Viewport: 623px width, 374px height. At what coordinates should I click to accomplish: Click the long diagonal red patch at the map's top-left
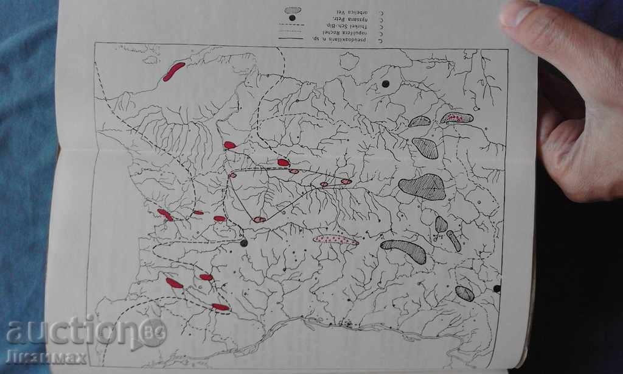coord(173,71)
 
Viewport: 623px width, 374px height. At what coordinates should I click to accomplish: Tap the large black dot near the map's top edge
coord(385,84)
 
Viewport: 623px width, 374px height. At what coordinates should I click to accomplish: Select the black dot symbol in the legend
coord(293,18)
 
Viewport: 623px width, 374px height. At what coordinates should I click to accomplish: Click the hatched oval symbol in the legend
coord(293,10)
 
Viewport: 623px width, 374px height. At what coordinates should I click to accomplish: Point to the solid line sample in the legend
coord(291,38)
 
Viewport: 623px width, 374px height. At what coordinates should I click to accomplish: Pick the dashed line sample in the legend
coord(291,25)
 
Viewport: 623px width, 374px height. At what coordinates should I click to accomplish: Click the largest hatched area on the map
coord(422,187)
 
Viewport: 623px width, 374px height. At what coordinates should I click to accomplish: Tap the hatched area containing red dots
coord(457,118)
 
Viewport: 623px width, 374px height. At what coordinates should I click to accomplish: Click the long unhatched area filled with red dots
coord(336,240)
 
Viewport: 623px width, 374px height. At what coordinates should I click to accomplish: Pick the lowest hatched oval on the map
coord(465,294)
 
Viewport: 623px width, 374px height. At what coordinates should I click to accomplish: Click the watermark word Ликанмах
coord(46,357)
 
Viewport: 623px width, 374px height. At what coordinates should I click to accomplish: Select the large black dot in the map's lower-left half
coord(244,242)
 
